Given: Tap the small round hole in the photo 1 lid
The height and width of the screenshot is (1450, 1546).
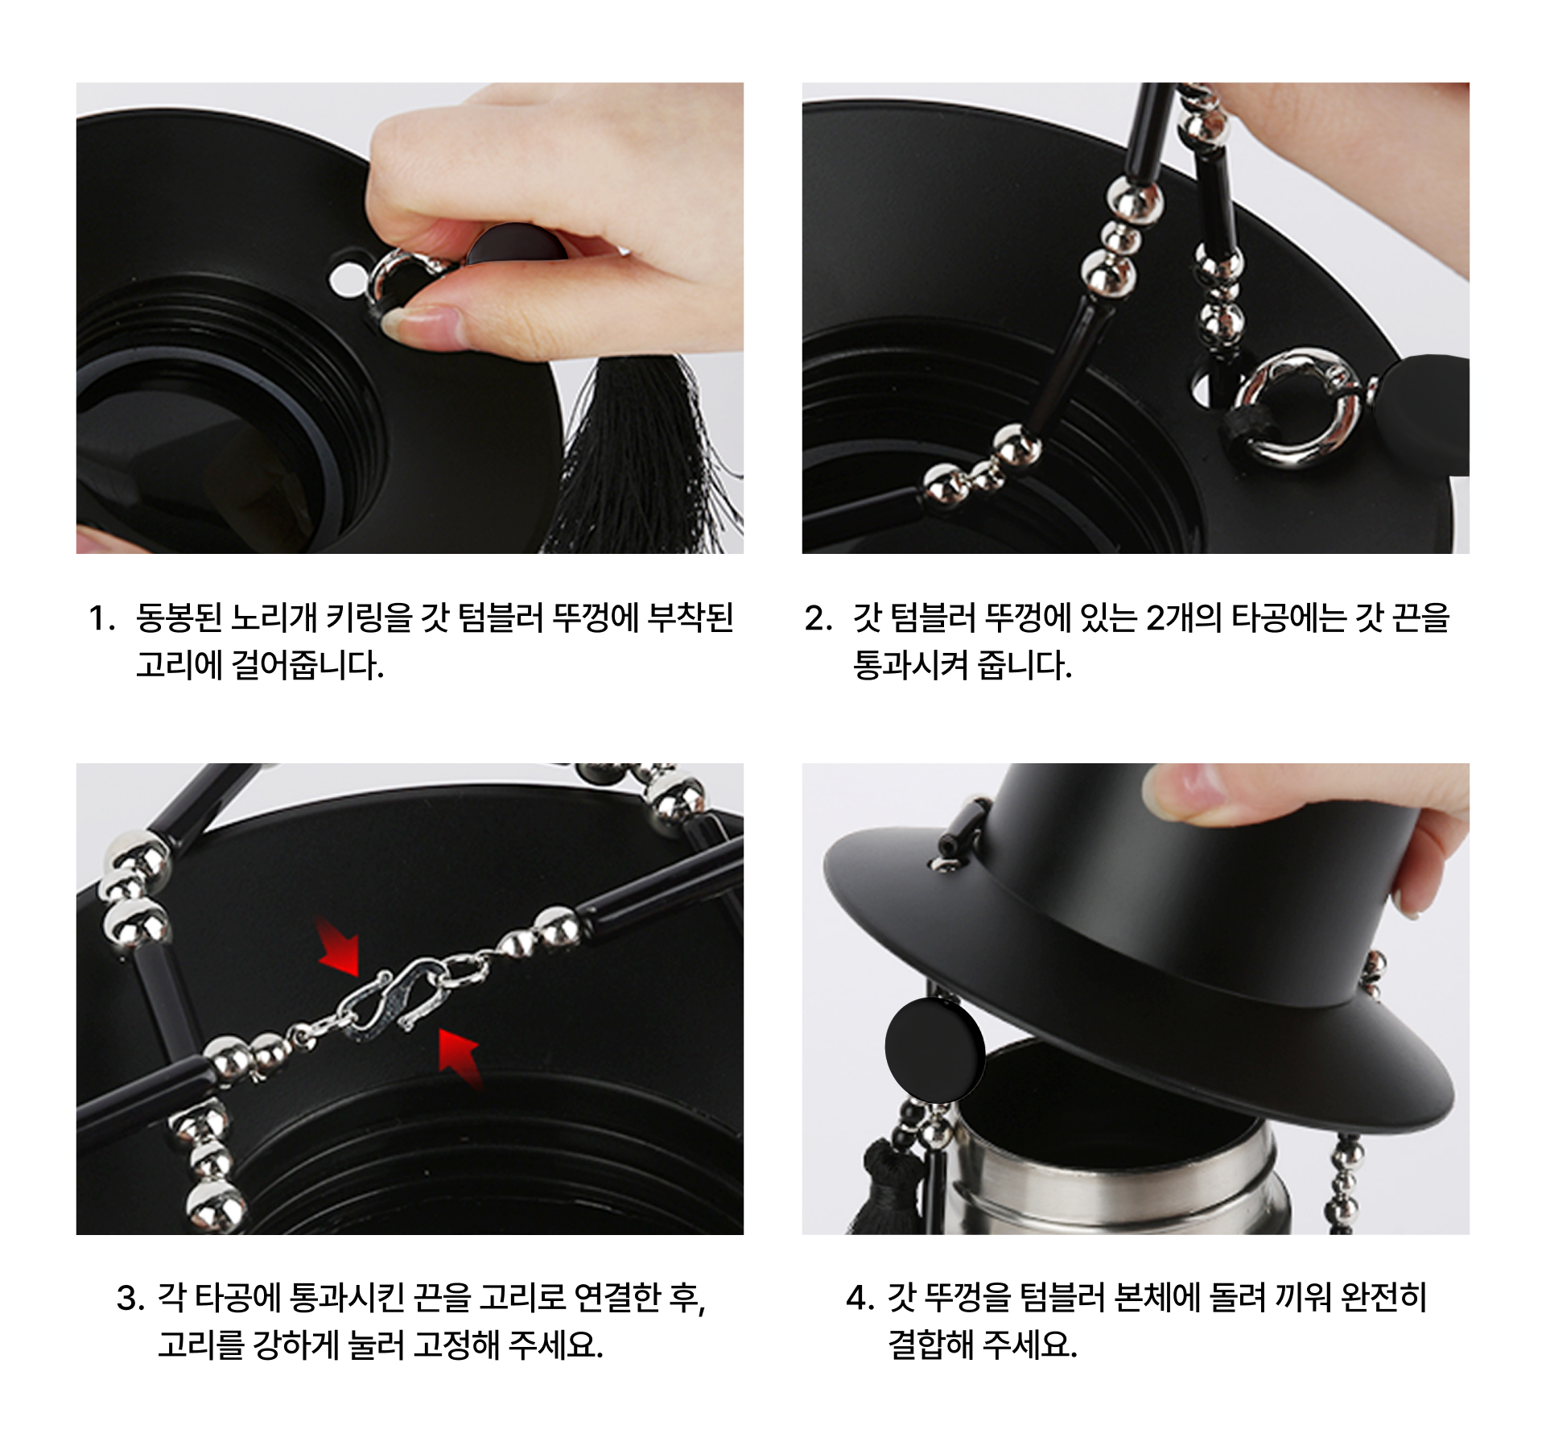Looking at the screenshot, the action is (x=346, y=279).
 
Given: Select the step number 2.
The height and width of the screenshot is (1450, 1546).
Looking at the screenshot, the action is (x=818, y=619).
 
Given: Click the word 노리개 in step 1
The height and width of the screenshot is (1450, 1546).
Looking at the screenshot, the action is (x=274, y=618).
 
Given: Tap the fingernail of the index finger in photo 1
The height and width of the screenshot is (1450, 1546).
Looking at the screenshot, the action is (x=417, y=323).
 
